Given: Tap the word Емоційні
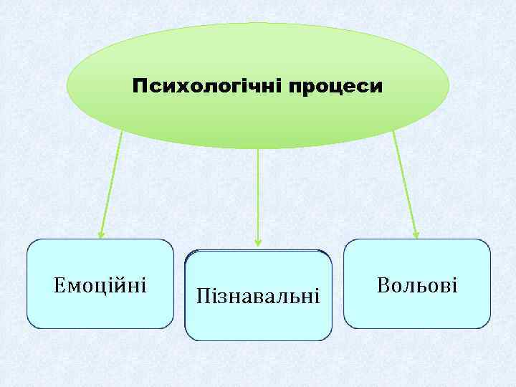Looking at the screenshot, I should coord(100,285).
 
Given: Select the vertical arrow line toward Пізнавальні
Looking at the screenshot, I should coord(258,193).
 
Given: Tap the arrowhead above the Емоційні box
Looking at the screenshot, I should coord(102,233).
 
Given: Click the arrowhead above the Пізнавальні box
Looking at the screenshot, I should coord(258,242).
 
